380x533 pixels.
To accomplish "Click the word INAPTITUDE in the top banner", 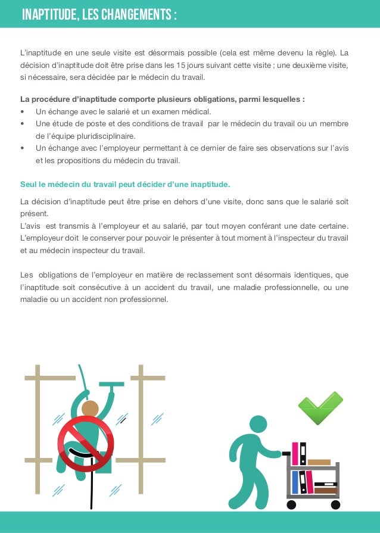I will (x=48, y=14).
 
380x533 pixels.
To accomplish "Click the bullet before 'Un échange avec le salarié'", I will (x=22, y=111).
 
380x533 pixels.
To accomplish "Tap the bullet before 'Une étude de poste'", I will (x=22, y=124).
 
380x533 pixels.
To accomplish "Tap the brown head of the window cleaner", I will (x=91, y=409).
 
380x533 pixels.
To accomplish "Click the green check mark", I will (x=320, y=407).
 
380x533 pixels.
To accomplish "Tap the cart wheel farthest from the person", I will (x=335, y=504).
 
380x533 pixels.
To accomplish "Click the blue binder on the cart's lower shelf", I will (x=295, y=482).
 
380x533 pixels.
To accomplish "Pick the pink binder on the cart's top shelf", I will (x=295, y=454).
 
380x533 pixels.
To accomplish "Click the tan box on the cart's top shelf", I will (x=319, y=462).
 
